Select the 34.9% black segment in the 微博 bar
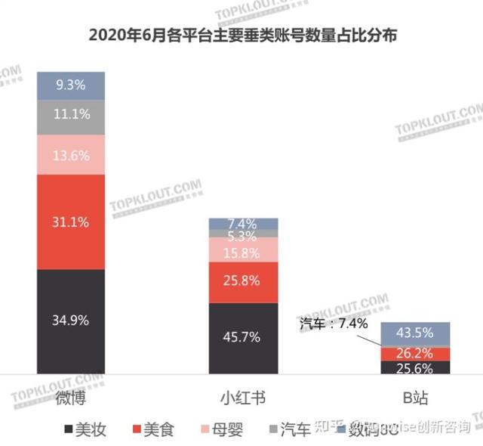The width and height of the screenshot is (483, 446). tap(71, 321)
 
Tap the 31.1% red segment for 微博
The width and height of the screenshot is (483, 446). tap(71, 221)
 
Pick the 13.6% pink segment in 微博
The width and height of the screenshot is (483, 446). tap(71, 156)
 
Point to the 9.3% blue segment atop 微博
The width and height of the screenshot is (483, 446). tap(71, 85)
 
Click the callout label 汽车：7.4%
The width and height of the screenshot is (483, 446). tap(334, 324)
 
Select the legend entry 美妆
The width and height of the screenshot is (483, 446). tap(87, 430)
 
